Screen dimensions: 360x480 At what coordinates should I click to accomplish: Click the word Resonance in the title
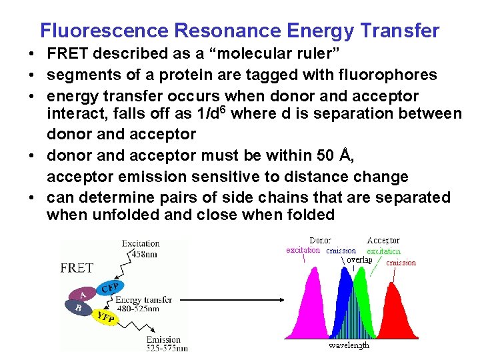tap(211, 31)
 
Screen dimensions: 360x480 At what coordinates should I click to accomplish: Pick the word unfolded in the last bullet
tap(128, 215)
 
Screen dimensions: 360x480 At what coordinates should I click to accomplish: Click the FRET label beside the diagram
tap(77, 268)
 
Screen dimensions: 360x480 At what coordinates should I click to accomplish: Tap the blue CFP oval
tap(109, 287)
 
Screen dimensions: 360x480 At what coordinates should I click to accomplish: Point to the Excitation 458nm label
tap(141, 249)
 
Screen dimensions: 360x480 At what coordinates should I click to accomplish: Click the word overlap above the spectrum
tap(359, 260)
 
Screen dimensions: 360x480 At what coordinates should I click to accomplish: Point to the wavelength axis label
tap(349, 345)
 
